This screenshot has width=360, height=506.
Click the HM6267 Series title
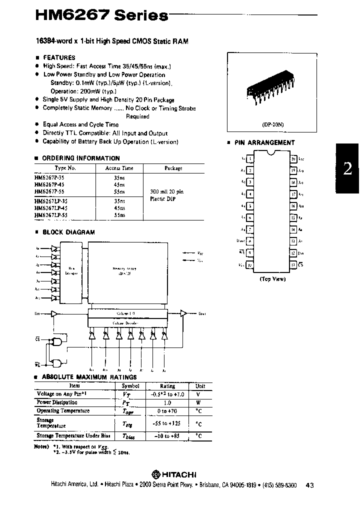(x=101, y=15)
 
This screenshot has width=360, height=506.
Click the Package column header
(x=173, y=168)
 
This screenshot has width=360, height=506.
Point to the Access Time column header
(x=119, y=168)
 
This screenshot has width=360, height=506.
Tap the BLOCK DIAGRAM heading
(x=68, y=232)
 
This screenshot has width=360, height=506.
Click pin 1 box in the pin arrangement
(x=250, y=159)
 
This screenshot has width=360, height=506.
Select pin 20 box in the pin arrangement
(x=293, y=159)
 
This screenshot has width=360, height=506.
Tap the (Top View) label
(x=272, y=279)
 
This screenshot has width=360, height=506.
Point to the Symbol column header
(x=130, y=386)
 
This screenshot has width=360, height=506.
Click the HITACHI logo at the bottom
(x=174, y=474)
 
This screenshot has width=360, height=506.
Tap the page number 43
(x=309, y=484)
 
